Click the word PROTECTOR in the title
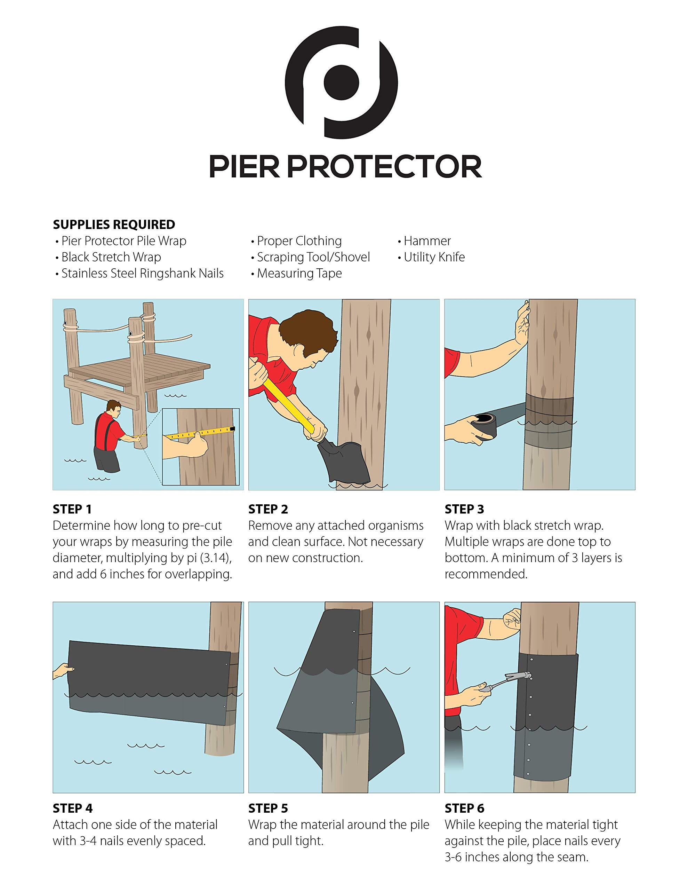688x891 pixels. tap(385, 166)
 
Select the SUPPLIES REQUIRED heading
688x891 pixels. tap(114, 224)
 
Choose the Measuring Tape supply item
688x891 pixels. tap(299, 273)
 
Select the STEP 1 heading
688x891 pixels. tap(72, 509)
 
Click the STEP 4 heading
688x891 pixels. tap(73, 808)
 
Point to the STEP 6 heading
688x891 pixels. tap(464, 808)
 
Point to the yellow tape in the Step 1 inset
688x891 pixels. tap(200, 434)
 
